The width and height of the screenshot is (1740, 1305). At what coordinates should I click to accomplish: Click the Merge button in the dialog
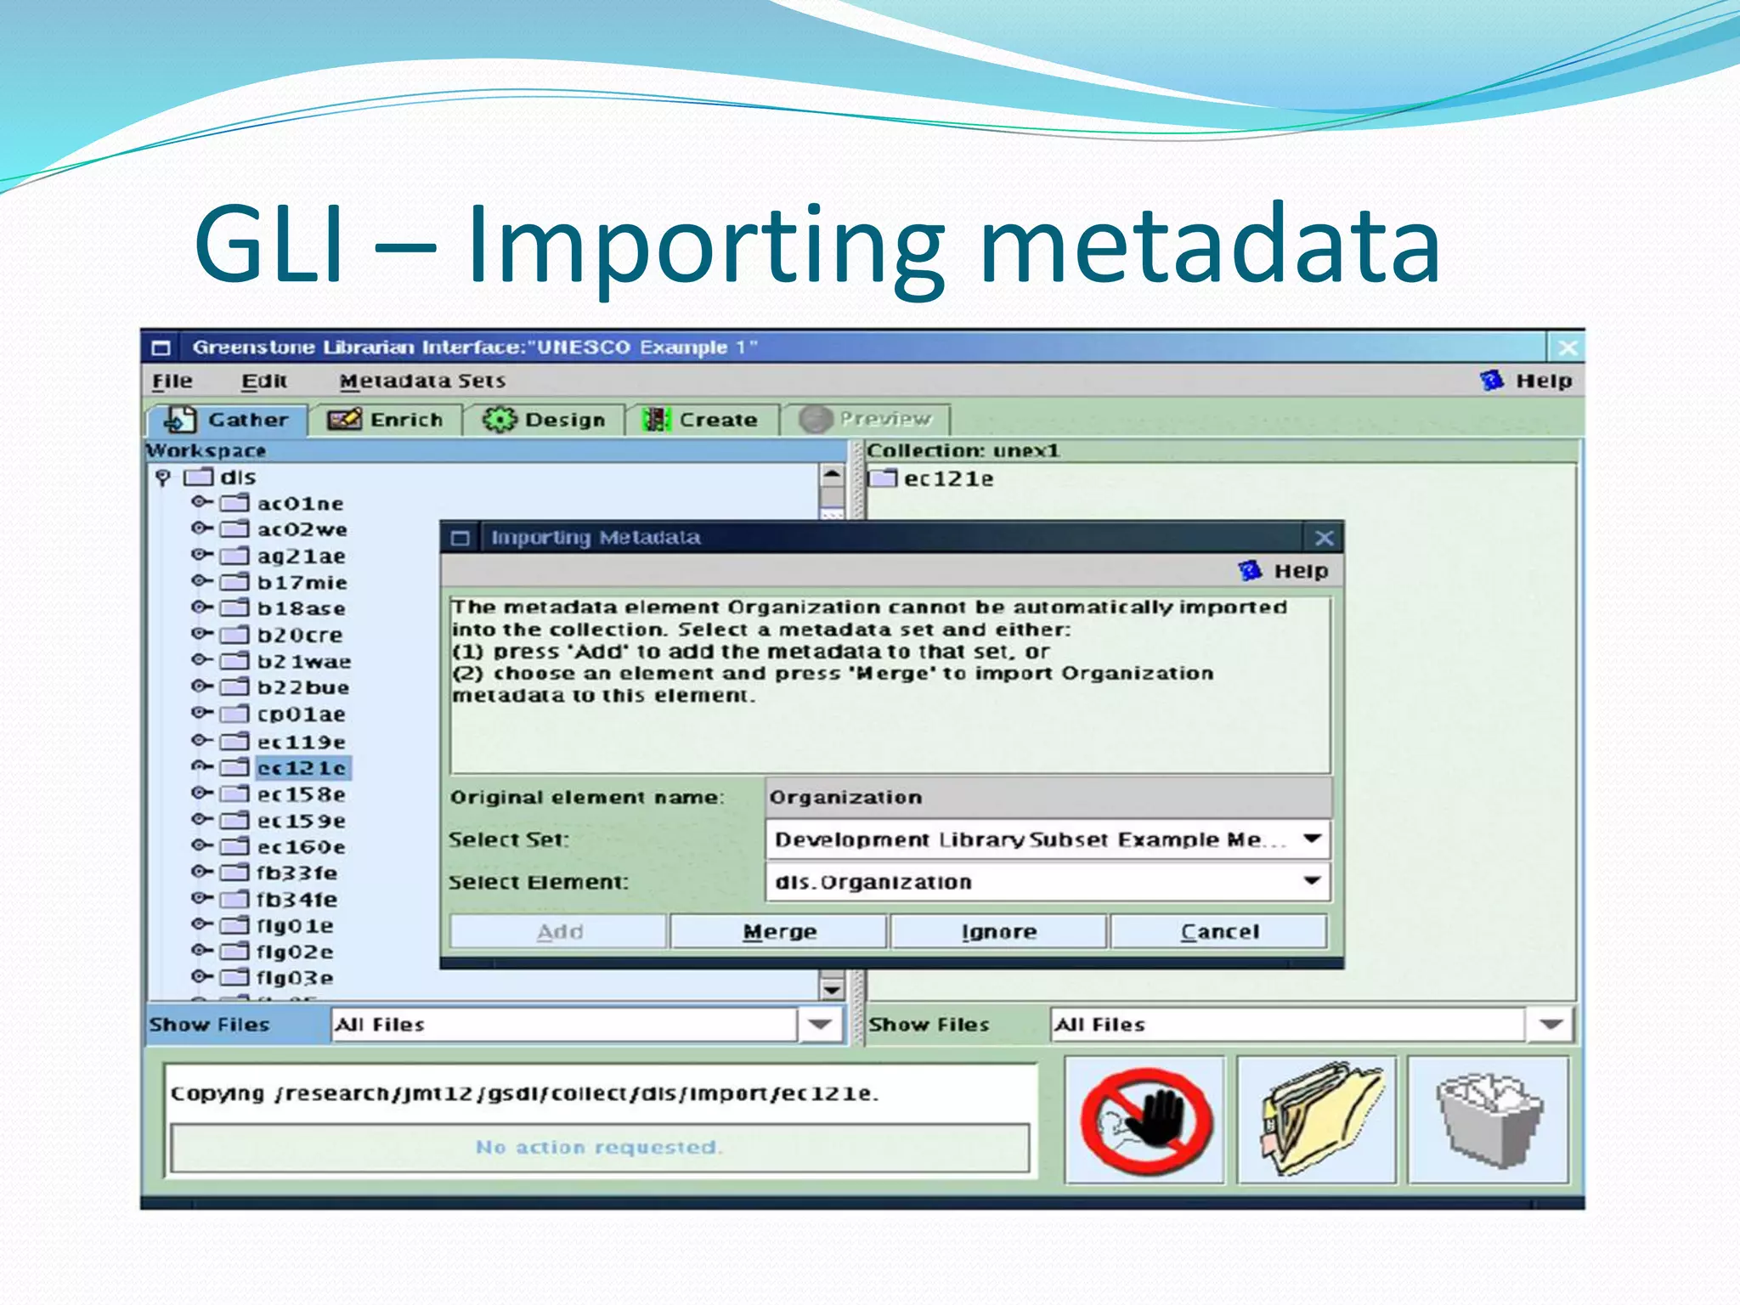pyautogui.click(x=779, y=931)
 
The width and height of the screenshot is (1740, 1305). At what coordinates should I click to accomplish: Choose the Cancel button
pyautogui.click(x=1218, y=931)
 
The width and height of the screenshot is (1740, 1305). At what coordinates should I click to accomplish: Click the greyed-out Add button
pyautogui.click(x=559, y=931)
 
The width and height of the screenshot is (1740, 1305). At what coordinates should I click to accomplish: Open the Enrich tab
pyautogui.click(x=387, y=420)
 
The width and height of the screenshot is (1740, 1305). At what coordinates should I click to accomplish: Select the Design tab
pyautogui.click(x=545, y=420)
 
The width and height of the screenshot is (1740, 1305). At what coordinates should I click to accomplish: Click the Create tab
pyautogui.click(x=702, y=420)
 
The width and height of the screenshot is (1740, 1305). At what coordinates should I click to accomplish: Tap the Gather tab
pyautogui.click(x=227, y=420)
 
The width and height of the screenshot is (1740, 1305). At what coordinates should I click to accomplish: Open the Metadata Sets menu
pyautogui.click(x=422, y=381)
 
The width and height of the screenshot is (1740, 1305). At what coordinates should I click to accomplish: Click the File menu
pyautogui.click(x=172, y=381)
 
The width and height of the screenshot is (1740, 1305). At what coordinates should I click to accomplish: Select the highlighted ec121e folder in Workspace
pyautogui.click(x=302, y=768)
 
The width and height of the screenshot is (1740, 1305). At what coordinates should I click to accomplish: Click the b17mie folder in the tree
pyautogui.click(x=302, y=583)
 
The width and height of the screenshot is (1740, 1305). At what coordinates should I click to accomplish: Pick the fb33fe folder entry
pyautogui.click(x=297, y=873)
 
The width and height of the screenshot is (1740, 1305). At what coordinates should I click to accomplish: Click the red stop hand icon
pyautogui.click(x=1144, y=1120)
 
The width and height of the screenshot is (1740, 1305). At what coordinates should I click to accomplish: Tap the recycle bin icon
pyautogui.click(x=1489, y=1120)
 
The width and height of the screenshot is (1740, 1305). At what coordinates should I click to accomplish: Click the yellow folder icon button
pyautogui.click(x=1316, y=1120)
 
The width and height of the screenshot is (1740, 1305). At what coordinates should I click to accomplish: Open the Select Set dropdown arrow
pyautogui.click(x=1313, y=839)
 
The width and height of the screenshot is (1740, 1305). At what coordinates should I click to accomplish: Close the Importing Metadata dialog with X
pyautogui.click(x=1324, y=538)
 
